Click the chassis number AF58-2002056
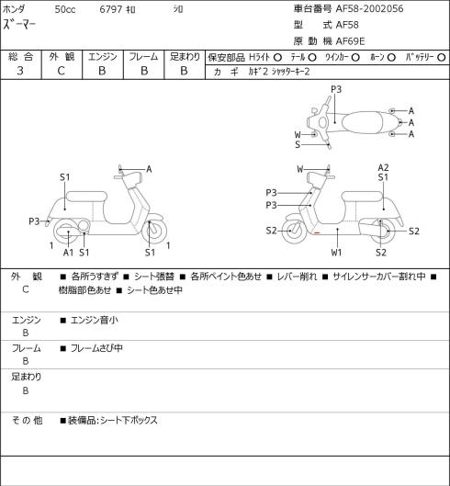point(370,8)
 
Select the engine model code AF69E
point(351,41)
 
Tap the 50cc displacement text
point(65,9)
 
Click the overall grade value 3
point(20,71)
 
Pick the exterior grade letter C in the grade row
point(61,71)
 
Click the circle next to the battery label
point(442,57)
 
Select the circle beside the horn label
point(391,57)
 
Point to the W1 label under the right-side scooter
point(336,253)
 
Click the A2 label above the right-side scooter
point(383,168)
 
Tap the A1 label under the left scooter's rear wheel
point(68,253)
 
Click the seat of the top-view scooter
point(363,122)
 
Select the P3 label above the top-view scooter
point(336,89)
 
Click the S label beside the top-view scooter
point(298,144)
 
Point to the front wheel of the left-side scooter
point(154,231)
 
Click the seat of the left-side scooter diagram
point(86,197)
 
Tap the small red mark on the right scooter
point(317,232)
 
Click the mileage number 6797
point(110,9)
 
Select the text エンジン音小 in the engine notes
point(95,320)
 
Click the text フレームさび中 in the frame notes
point(96,348)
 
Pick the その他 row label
point(27,420)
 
